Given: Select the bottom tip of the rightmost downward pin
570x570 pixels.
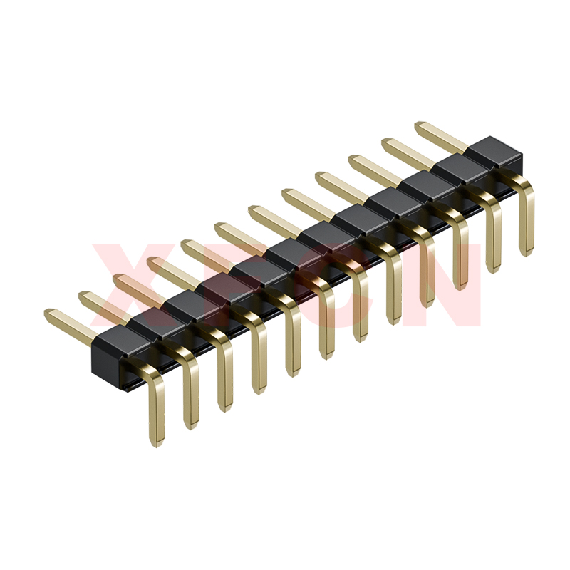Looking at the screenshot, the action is click(x=527, y=255).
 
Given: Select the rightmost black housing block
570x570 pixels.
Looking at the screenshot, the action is click(x=495, y=152).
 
